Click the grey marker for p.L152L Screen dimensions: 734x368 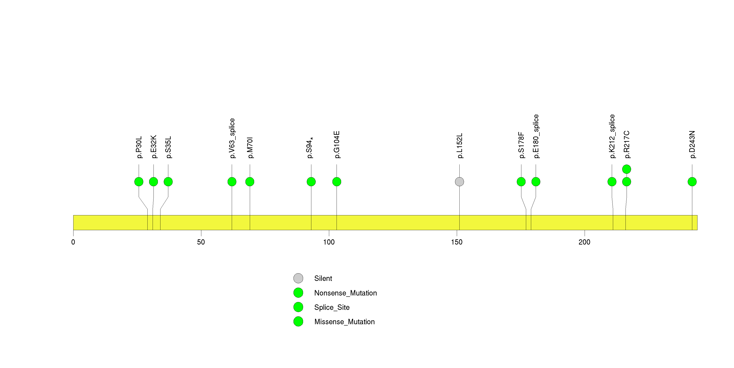point(459,182)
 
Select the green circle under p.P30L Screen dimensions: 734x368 point(139,182)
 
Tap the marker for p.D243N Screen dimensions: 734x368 point(692,182)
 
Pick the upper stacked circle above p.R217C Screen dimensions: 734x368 point(627,169)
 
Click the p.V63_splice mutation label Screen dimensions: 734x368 point(232,138)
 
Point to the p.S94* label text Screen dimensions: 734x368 point(310,148)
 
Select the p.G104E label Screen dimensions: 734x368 point(337,145)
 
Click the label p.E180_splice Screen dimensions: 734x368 point(536,136)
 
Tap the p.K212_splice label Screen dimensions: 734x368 point(612,136)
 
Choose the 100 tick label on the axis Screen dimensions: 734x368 point(329,242)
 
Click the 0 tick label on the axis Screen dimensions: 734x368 point(73,242)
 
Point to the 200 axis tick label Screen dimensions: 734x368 point(584,242)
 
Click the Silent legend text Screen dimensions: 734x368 point(323,279)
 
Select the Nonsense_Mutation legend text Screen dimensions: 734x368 point(345,293)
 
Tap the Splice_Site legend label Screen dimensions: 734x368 point(332,307)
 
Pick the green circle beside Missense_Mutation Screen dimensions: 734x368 point(298,321)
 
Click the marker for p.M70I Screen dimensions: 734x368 point(250,182)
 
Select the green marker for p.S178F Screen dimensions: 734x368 point(521,182)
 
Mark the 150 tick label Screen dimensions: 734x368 point(457,242)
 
